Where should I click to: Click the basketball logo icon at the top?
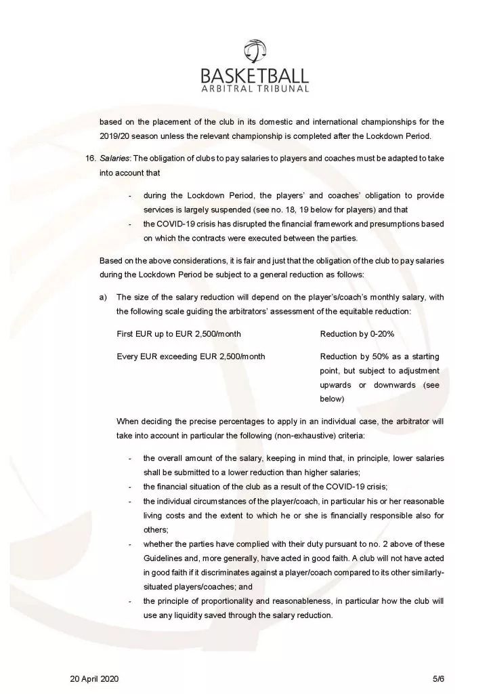click(261, 52)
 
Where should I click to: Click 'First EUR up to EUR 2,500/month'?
click(179, 335)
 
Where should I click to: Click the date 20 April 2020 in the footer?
click(96, 678)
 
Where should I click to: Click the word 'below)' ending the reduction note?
click(333, 399)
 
